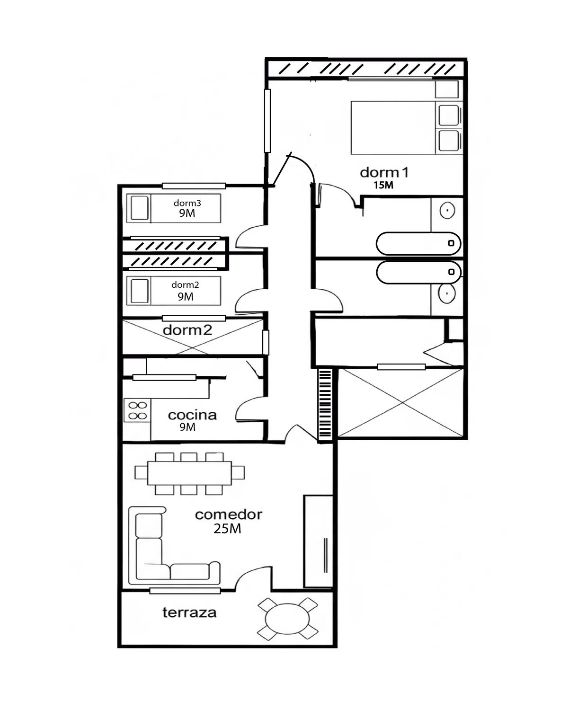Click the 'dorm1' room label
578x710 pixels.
tap(384, 173)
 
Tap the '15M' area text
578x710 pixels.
tap(383, 185)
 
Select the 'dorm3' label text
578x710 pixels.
tap(187, 203)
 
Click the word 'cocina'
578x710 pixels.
tap(192, 415)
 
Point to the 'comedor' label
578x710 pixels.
tap(229, 515)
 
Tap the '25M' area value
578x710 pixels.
tap(227, 529)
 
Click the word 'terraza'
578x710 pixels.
tap(189, 612)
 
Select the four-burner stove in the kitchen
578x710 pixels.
tap(137, 410)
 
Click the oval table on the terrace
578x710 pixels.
tap(287, 619)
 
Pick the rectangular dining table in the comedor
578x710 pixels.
tap(189, 473)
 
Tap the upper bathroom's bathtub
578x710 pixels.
tap(418, 243)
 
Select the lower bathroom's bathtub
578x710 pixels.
tap(418, 272)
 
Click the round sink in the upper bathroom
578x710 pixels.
tap(447, 210)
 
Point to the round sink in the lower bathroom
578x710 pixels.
tap(447, 293)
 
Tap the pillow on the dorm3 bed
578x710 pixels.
tap(139, 208)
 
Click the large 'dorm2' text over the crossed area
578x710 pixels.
tap(187, 330)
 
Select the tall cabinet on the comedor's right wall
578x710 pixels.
tap(318, 541)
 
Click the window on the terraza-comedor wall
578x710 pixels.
tap(185, 591)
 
